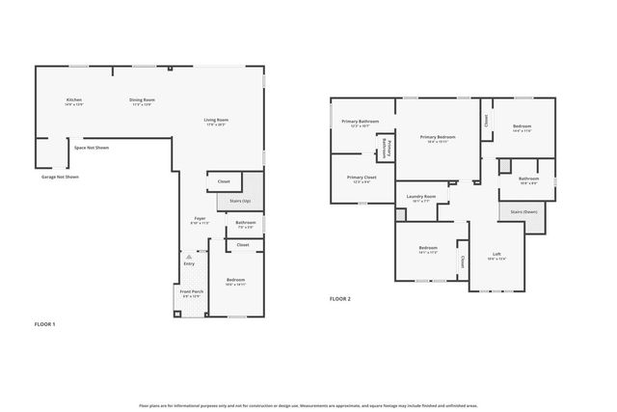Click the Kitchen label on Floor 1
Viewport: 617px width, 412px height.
coord(73,101)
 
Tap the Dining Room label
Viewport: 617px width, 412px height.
coord(143,101)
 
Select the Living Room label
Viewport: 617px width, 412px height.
coord(215,122)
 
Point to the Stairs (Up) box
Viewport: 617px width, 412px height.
coord(240,201)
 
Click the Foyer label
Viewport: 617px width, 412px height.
coord(200,220)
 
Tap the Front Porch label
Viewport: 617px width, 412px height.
coord(192,293)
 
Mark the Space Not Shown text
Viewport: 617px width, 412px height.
coord(92,148)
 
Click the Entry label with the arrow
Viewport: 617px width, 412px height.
coord(189,264)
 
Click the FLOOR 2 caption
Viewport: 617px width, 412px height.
coord(340,300)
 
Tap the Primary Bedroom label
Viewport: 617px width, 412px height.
coord(438,139)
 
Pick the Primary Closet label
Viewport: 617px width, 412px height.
coord(362,179)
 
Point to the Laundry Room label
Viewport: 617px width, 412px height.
coord(421,199)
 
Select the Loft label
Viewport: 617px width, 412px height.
coord(496,256)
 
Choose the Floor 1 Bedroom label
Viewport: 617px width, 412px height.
coord(235,281)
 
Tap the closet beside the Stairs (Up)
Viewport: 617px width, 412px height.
coord(223,181)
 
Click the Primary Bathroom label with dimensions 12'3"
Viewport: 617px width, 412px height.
coord(361,123)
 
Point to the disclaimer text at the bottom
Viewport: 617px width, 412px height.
coord(308,406)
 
